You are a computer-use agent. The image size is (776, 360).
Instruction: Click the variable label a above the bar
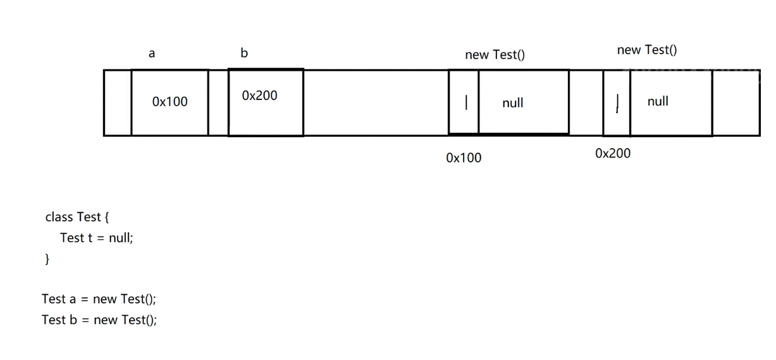coord(151,54)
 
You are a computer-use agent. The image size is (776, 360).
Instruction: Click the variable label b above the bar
coord(245,54)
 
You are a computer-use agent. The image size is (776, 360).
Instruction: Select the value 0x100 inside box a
coord(170,102)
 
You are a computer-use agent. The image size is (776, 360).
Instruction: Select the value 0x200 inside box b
coord(259,96)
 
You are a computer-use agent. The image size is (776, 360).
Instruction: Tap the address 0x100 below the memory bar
coord(464,158)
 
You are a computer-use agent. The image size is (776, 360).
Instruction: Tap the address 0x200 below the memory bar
coord(613,154)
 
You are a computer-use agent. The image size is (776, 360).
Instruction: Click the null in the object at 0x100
coord(513,103)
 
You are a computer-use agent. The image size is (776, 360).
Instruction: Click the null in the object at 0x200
coord(658,101)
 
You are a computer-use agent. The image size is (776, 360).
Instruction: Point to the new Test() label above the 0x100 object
coord(495,55)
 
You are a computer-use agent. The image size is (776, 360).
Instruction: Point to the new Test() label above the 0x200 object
coord(646,50)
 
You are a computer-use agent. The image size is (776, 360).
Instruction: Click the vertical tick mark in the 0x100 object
coord(466,102)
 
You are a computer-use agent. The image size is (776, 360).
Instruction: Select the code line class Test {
coord(77,217)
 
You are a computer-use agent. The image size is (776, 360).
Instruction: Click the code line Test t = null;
coord(96,238)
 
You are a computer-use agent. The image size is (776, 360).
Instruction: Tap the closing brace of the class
coord(46,259)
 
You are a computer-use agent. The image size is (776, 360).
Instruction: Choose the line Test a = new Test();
coord(99,299)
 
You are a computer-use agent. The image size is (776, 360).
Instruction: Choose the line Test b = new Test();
coord(99,320)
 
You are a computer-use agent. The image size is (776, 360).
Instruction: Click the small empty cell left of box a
coord(118,102)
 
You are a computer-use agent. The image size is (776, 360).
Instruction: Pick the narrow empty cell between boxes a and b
coord(218,102)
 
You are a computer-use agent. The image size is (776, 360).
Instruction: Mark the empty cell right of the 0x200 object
coord(736,102)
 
